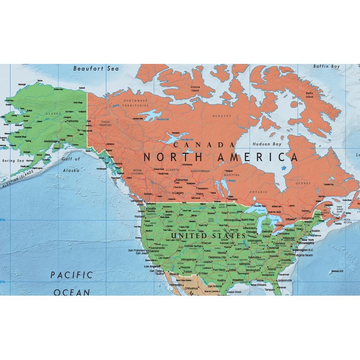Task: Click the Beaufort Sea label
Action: coord(96,69)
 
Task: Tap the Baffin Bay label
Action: coord(326,67)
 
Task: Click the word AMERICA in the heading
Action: coord(257,157)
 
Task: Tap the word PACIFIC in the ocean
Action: coord(71,274)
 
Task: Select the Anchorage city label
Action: coord(50,141)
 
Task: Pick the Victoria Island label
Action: coord(195,89)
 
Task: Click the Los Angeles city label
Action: coord(151,266)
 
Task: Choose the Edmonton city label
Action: coord(182,180)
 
